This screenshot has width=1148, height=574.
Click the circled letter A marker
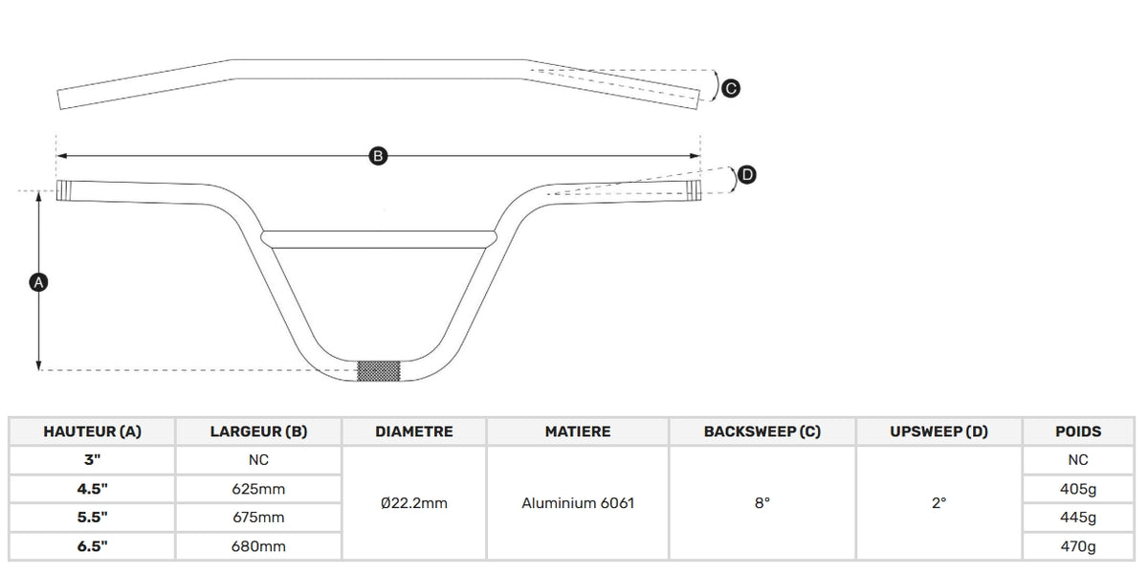(38, 282)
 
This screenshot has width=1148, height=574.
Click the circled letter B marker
(378, 156)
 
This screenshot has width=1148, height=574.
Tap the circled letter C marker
(731, 89)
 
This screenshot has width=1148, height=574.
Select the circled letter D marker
(747, 175)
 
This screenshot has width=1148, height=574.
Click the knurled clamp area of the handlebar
(379, 371)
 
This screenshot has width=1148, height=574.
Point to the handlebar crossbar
(379, 239)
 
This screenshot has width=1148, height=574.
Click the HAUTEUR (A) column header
(92, 431)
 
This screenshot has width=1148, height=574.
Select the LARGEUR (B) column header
(259, 431)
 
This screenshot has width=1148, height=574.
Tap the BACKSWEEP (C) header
(762, 431)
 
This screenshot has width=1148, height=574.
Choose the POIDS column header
(1078, 431)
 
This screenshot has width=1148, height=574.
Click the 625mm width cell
(258, 489)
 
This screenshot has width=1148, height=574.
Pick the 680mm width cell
(258, 546)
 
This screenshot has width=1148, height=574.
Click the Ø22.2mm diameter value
(414, 503)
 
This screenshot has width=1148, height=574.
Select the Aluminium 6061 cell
(578, 503)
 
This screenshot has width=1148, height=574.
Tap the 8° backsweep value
(762, 503)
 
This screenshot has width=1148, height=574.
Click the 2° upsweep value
(938, 503)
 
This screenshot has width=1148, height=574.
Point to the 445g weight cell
(1078, 519)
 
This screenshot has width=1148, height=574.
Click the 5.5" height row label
(92, 518)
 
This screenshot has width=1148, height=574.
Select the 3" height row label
(92, 460)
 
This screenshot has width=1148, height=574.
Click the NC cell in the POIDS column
(1078, 460)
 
